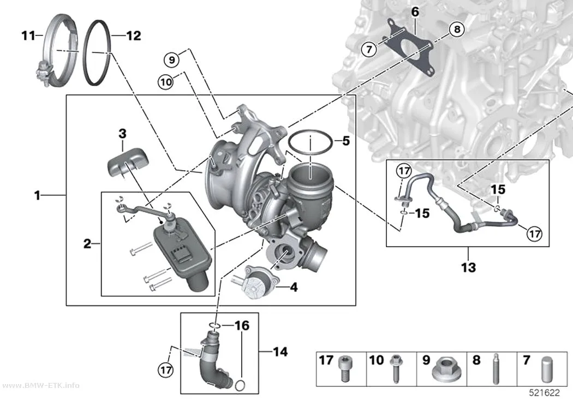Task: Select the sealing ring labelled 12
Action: (x=85, y=51)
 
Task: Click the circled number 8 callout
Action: (x=457, y=29)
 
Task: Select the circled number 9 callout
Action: (x=172, y=59)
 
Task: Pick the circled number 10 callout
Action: (x=166, y=82)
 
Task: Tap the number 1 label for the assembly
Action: (x=37, y=196)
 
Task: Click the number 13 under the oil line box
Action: (x=468, y=267)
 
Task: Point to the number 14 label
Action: (x=280, y=352)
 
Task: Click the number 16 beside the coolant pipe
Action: (x=242, y=325)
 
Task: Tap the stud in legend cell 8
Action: (x=496, y=368)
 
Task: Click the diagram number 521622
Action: (x=545, y=393)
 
